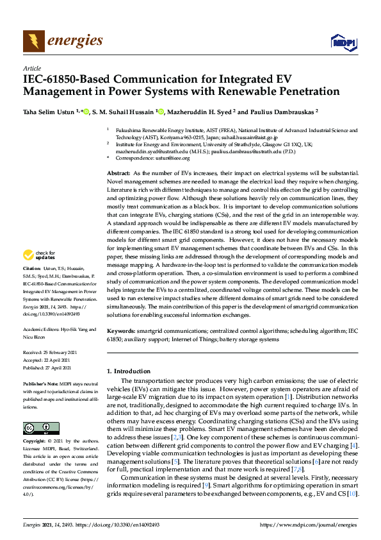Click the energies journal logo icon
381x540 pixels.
(x=34, y=42)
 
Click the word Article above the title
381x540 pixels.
(x=31, y=69)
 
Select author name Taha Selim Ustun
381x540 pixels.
(x=51, y=110)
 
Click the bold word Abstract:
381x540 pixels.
(x=117, y=174)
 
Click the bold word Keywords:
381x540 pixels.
(x=120, y=330)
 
